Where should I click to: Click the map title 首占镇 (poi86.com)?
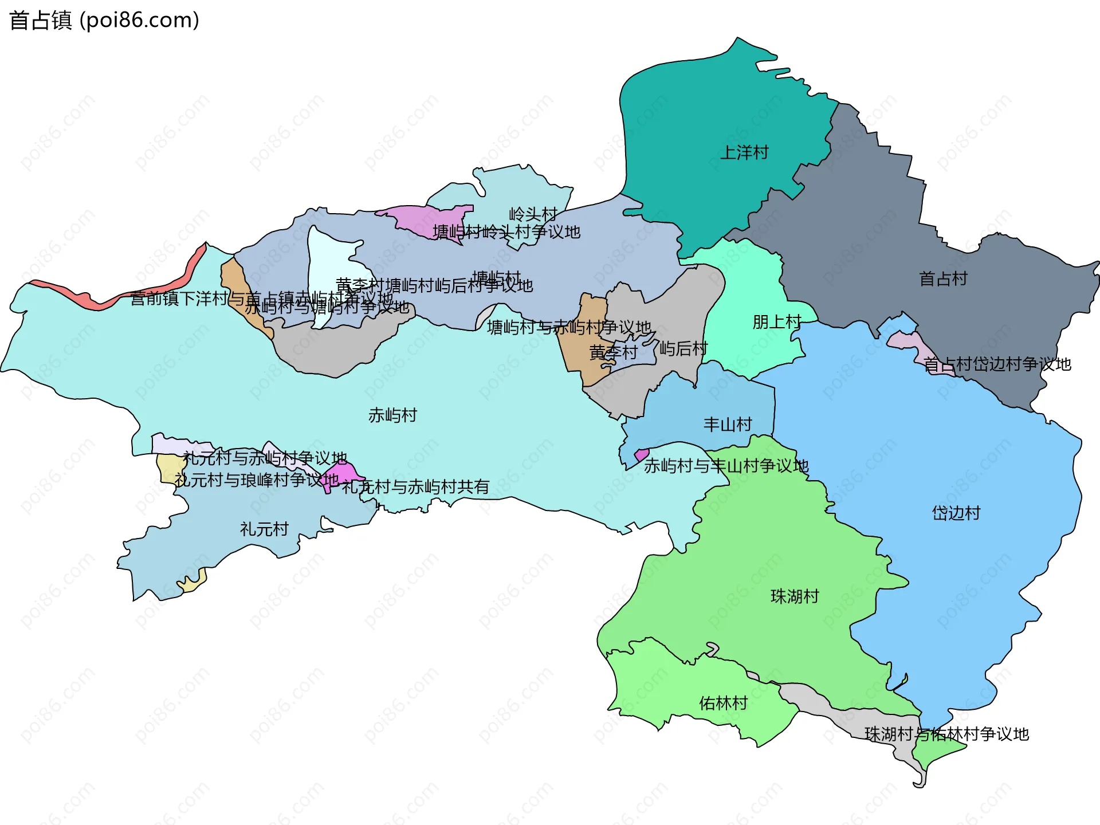(x=104, y=21)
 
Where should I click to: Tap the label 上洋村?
(x=744, y=153)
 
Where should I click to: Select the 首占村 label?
(x=943, y=279)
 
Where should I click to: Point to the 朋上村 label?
(x=776, y=322)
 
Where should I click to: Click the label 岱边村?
(x=956, y=513)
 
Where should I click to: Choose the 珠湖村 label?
(x=795, y=596)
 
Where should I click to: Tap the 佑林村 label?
(x=723, y=703)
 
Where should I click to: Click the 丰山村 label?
(x=728, y=425)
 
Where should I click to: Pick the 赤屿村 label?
(x=392, y=415)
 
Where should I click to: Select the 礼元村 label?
(x=264, y=529)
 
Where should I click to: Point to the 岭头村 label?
(x=533, y=214)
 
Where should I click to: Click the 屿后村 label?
(x=683, y=348)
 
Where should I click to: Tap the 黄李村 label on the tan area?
(x=613, y=352)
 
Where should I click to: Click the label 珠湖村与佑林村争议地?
(x=946, y=734)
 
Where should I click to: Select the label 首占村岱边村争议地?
(x=997, y=364)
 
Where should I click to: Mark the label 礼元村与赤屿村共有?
(x=415, y=487)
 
